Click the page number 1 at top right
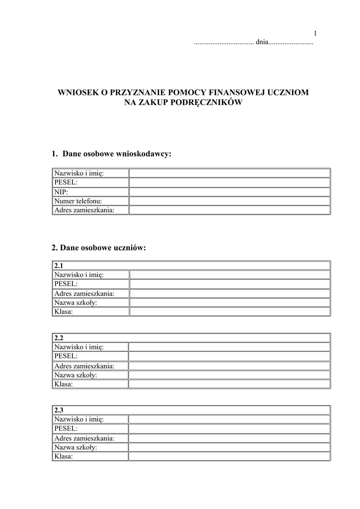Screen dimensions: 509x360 315,34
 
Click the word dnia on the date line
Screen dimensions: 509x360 262,43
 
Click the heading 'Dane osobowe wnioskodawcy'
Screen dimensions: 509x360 116,154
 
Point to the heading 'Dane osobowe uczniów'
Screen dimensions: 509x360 103,248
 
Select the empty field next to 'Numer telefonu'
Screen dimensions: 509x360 229,201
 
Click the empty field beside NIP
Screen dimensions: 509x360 229,192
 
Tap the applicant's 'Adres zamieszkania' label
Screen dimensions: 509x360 85,210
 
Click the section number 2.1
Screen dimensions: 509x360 59,266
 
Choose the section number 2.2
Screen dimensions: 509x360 59,338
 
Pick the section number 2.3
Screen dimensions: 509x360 59,410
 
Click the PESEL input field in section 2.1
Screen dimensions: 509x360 229,284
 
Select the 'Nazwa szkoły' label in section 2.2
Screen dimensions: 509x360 76,375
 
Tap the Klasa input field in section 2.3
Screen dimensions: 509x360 229,456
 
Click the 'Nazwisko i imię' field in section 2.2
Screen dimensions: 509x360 229,347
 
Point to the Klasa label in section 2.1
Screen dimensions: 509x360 63,312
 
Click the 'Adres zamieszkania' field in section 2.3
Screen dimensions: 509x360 229,438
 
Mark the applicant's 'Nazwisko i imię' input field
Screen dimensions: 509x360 229,173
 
